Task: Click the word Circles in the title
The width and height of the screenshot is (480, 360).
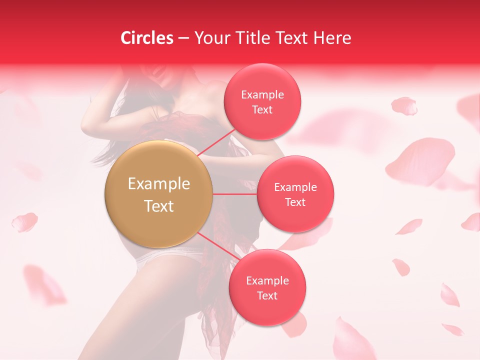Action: (x=146, y=38)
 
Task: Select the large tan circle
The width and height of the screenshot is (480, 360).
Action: (x=158, y=195)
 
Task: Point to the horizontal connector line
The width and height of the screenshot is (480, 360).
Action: (x=235, y=194)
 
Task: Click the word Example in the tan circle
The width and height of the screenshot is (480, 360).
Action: (x=158, y=183)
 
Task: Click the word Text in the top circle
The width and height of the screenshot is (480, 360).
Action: (x=262, y=110)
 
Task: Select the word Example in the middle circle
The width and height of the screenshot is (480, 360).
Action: (x=295, y=187)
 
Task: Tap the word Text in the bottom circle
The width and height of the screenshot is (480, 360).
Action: (x=267, y=296)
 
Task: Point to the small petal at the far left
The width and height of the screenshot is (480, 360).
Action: (x=24, y=222)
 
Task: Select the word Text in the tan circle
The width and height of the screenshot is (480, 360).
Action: (x=158, y=206)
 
